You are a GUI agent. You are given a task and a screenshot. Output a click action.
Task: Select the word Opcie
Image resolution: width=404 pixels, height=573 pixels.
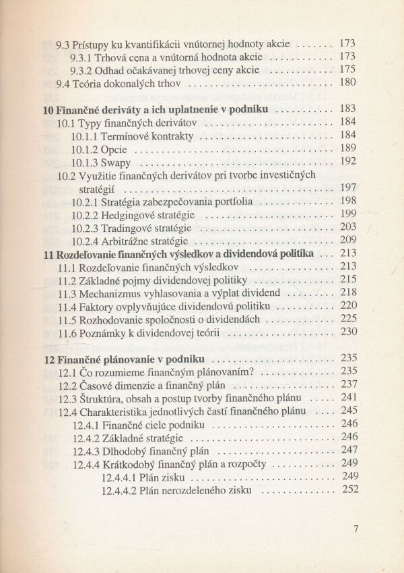[x=112, y=150]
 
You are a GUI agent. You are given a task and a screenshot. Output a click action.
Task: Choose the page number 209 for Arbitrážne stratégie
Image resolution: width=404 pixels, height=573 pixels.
[x=348, y=241]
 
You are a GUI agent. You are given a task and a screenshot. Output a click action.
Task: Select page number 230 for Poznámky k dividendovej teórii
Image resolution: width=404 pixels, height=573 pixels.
[x=348, y=332]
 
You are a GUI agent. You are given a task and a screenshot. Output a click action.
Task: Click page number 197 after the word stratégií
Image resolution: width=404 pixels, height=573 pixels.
[x=348, y=189]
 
